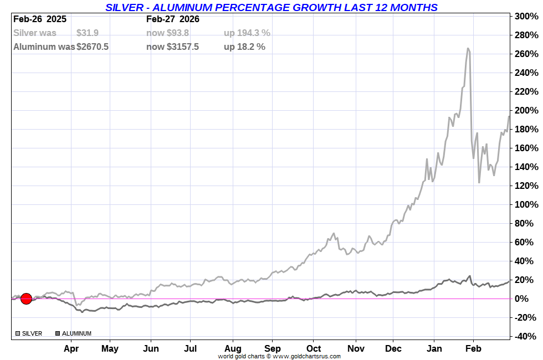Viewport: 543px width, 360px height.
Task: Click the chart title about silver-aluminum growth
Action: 271,7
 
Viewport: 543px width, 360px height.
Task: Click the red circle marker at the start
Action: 26,299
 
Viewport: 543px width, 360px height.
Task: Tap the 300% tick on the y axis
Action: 526,17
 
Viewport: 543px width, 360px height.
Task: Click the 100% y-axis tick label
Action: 526,205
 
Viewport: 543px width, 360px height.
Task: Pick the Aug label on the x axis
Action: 233,348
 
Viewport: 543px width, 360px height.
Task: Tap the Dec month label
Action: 393,348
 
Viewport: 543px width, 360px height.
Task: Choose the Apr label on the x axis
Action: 71,348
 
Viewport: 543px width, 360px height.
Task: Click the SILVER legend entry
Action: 31,333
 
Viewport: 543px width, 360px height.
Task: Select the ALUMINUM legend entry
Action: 76,333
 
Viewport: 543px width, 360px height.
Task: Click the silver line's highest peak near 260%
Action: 468,49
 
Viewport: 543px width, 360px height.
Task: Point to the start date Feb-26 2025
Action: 40,19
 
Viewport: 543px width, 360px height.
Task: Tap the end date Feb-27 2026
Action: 173,19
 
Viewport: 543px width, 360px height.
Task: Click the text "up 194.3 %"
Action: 247,33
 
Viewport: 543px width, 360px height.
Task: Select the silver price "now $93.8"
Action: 167,33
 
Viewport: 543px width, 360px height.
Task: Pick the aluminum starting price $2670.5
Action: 93,47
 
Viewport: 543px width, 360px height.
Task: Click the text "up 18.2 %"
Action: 244,47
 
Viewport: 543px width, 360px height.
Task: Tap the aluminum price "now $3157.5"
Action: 172,47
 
